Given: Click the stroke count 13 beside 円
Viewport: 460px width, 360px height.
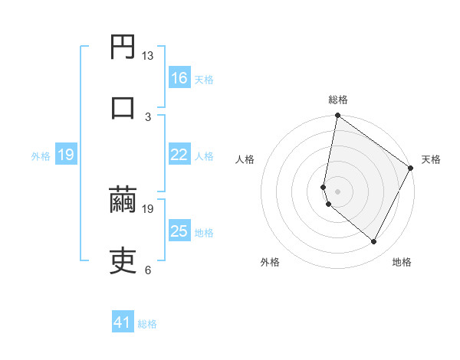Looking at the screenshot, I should click(148, 55).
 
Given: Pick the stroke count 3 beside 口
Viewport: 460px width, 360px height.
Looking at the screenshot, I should click(148, 116).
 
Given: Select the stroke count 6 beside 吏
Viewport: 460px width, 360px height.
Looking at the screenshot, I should click(148, 270).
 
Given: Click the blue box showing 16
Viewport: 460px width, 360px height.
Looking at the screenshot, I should click(179, 78).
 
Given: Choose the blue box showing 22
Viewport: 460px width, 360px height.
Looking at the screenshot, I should click(179, 155).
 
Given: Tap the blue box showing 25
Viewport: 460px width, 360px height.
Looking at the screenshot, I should click(179, 231).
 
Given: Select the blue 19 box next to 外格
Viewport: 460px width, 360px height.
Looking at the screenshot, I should click(66, 155).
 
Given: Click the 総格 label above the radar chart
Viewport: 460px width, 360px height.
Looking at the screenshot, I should click(338, 100).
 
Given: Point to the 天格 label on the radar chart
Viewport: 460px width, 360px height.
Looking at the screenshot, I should click(431, 160).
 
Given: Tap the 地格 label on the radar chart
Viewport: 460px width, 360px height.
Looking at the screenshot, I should click(402, 262).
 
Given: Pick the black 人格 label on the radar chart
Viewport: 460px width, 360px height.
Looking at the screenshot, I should click(245, 160).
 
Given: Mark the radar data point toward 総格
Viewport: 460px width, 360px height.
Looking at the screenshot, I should click(337, 116).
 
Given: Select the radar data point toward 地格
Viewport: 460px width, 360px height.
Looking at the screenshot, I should click(374, 242).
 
